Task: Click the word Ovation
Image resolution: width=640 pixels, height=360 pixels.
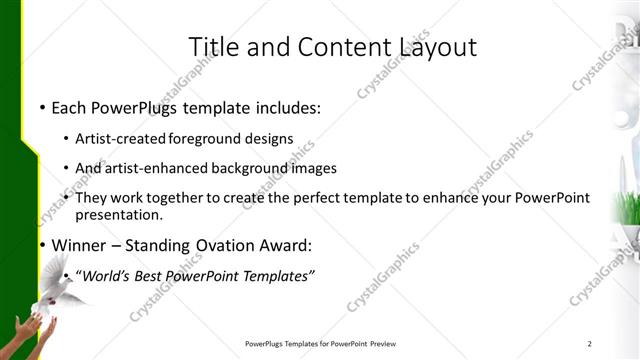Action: tap(229, 245)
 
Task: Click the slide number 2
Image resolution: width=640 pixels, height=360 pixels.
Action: tap(590, 345)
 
